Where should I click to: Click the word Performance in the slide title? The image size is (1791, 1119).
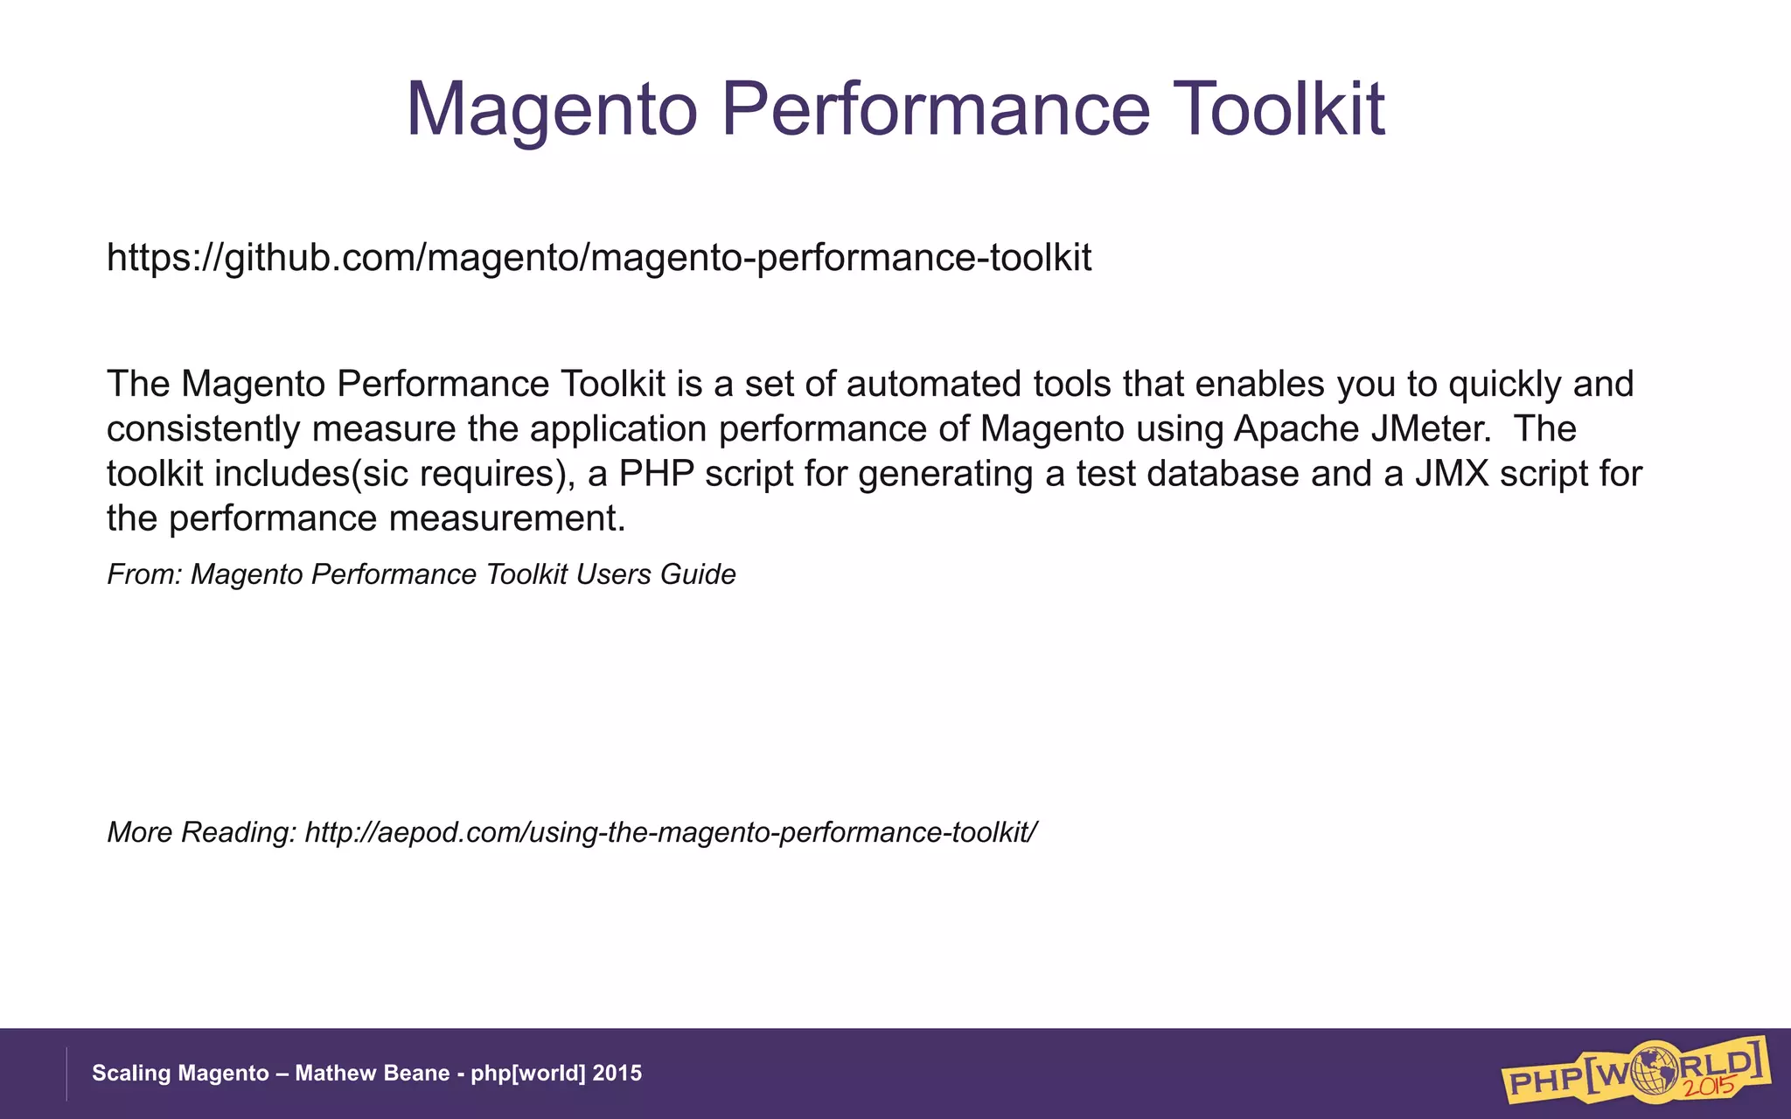[934, 109]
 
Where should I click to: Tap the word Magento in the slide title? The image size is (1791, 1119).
[552, 109]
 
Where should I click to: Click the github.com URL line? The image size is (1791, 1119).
[599, 258]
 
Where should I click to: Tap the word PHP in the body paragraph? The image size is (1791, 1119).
[656, 474]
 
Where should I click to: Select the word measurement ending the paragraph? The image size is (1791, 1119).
[506, 518]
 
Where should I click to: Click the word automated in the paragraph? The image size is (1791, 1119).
[933, 384]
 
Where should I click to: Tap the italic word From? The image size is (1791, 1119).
[143, 574]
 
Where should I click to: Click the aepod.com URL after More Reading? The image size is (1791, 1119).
[671, 832]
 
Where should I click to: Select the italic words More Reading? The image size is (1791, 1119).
[202, 832]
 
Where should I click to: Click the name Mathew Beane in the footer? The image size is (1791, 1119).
[373, 1073]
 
